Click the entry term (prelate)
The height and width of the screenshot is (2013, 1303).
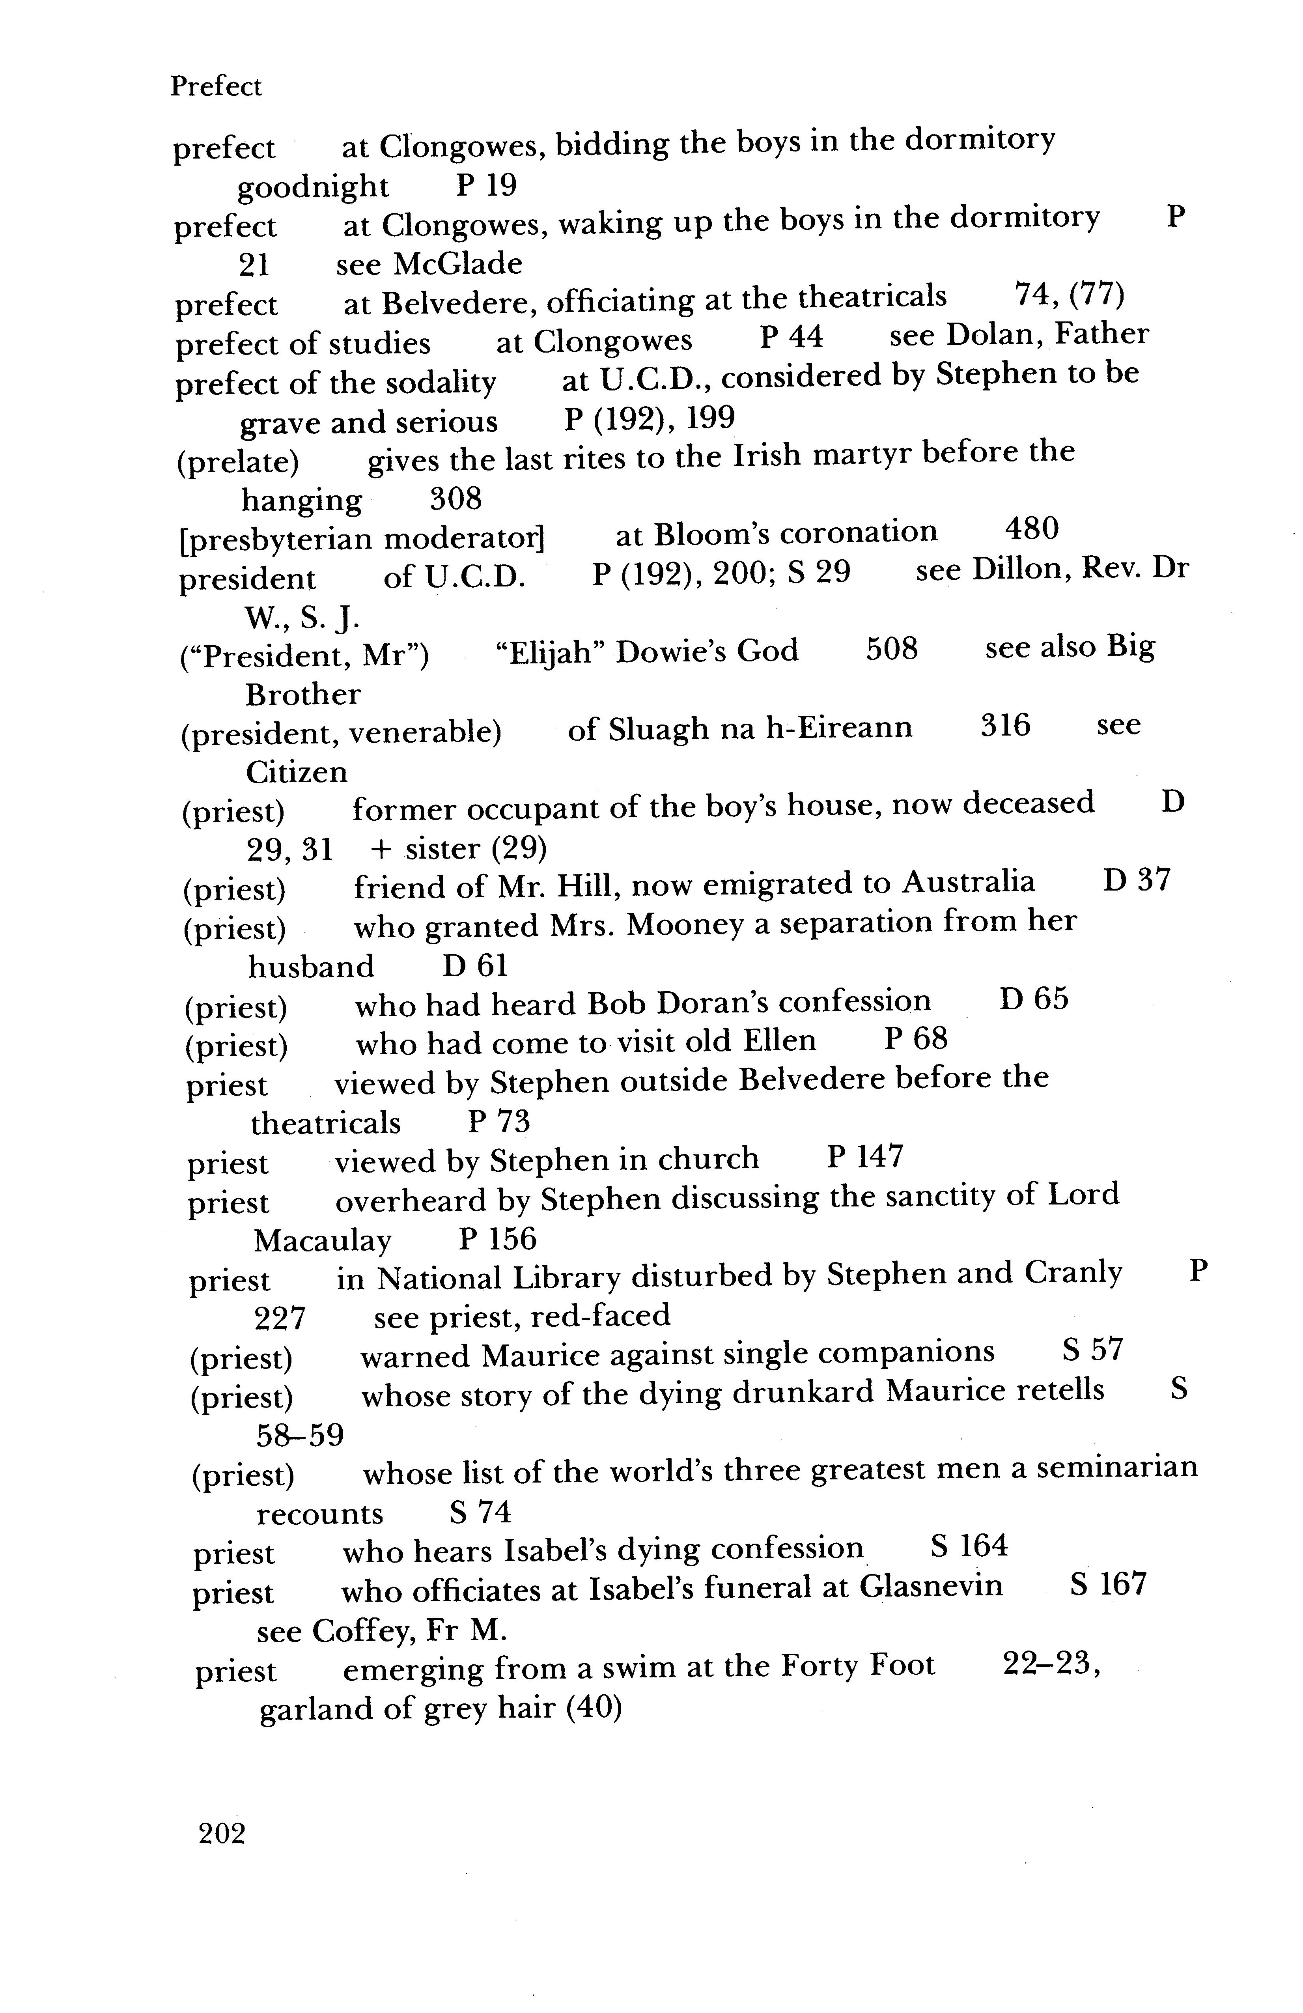point(237,462)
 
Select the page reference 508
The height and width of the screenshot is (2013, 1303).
point(891,650)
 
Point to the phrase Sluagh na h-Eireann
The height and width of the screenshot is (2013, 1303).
point(740,727)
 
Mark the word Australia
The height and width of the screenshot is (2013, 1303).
point(968,882)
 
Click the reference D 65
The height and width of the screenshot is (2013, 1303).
point(1033,1000)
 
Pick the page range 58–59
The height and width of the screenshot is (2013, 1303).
point(299,1435)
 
